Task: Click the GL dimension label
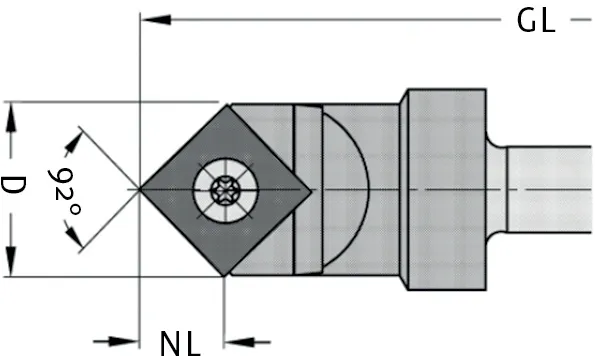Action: pyautogui.click(x=536, y=22)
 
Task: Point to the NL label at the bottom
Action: pyautogui.click(x=181, y=343)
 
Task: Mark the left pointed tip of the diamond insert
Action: pyautogui.click(x=141, y=188)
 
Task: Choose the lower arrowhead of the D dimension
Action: pyautogui.click(x=11, y=265)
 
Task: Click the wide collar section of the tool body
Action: pyautogui.click(x=443, y=188)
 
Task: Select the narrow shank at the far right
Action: pyautogui.click(x=550, y=188)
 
